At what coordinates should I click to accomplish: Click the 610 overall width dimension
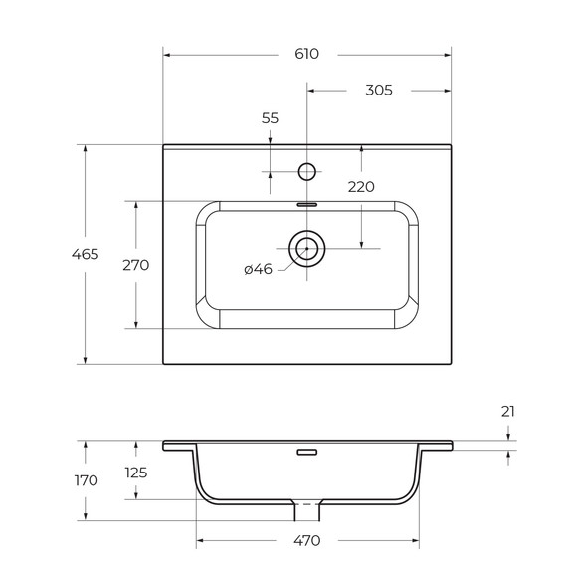(307, 54)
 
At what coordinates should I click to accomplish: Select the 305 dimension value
(379, 90)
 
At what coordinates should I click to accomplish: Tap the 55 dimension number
(270, 118)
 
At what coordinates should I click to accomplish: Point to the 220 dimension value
(361, 186)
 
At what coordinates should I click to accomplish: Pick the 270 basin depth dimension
(134, 265)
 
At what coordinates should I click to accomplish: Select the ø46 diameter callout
(258, 269)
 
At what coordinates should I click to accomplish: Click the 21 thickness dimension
(508, 411)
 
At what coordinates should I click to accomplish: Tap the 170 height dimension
(86, 480)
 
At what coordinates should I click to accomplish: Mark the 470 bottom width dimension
(307, 541)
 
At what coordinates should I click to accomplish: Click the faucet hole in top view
(307, 172)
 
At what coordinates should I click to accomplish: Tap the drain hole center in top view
(306, 247)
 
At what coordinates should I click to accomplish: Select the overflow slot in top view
(306, 202)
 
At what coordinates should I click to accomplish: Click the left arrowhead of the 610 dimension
(166, 54)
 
